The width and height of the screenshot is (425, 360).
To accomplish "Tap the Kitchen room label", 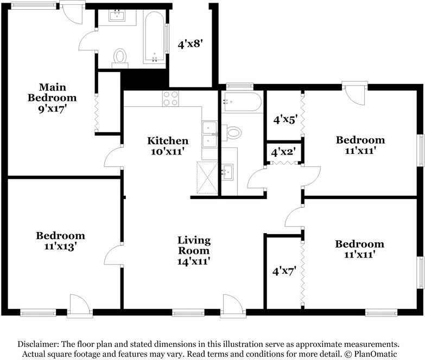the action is pos(168,141).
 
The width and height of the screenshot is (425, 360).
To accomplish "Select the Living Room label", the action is pos(194,245).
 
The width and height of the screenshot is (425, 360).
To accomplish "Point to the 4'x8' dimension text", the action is pos(191,44).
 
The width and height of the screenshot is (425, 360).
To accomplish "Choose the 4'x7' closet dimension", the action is pos(284,271).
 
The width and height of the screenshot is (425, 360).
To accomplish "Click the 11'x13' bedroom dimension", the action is pos(61,247).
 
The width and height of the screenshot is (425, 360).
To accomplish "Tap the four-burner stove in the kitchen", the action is pos(171,99).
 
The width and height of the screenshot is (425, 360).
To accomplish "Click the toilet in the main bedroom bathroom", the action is pos(120,58).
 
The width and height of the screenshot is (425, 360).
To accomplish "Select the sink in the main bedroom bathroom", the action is pos(117,15).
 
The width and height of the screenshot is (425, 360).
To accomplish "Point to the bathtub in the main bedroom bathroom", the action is pos(154,37).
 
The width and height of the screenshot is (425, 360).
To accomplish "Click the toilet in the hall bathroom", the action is pos(232,133).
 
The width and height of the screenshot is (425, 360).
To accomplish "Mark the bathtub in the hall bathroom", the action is pos(242,102).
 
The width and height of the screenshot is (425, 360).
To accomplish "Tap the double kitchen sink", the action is pos(210,134).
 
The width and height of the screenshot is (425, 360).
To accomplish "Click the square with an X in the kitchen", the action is pos(207,178).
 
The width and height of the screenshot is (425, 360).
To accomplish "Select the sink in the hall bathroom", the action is pos(227,172).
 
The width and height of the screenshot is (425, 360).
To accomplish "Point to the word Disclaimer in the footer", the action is pos(37,344).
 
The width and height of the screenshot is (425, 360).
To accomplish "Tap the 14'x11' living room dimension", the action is pos(194,261).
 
